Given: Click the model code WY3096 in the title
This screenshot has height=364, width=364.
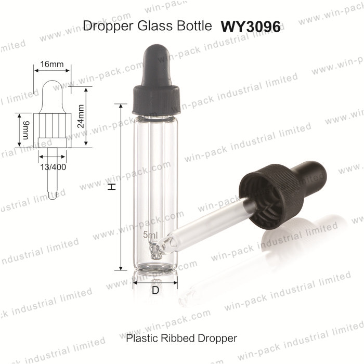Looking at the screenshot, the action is [251, 27].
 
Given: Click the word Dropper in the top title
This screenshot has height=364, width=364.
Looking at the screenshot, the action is [108, 26].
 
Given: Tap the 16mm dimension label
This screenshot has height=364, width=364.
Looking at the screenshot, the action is [52, 64].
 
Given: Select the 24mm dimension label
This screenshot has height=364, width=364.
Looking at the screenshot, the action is [81, 116].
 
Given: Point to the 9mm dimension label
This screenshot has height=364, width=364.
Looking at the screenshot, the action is [25, 130].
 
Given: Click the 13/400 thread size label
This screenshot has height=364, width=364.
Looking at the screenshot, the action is [53, 167].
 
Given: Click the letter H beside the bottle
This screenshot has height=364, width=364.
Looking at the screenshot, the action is [112, 186].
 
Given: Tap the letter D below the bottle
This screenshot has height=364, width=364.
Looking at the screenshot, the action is [155, 290].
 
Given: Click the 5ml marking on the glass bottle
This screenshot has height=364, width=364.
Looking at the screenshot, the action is [150, 235].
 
